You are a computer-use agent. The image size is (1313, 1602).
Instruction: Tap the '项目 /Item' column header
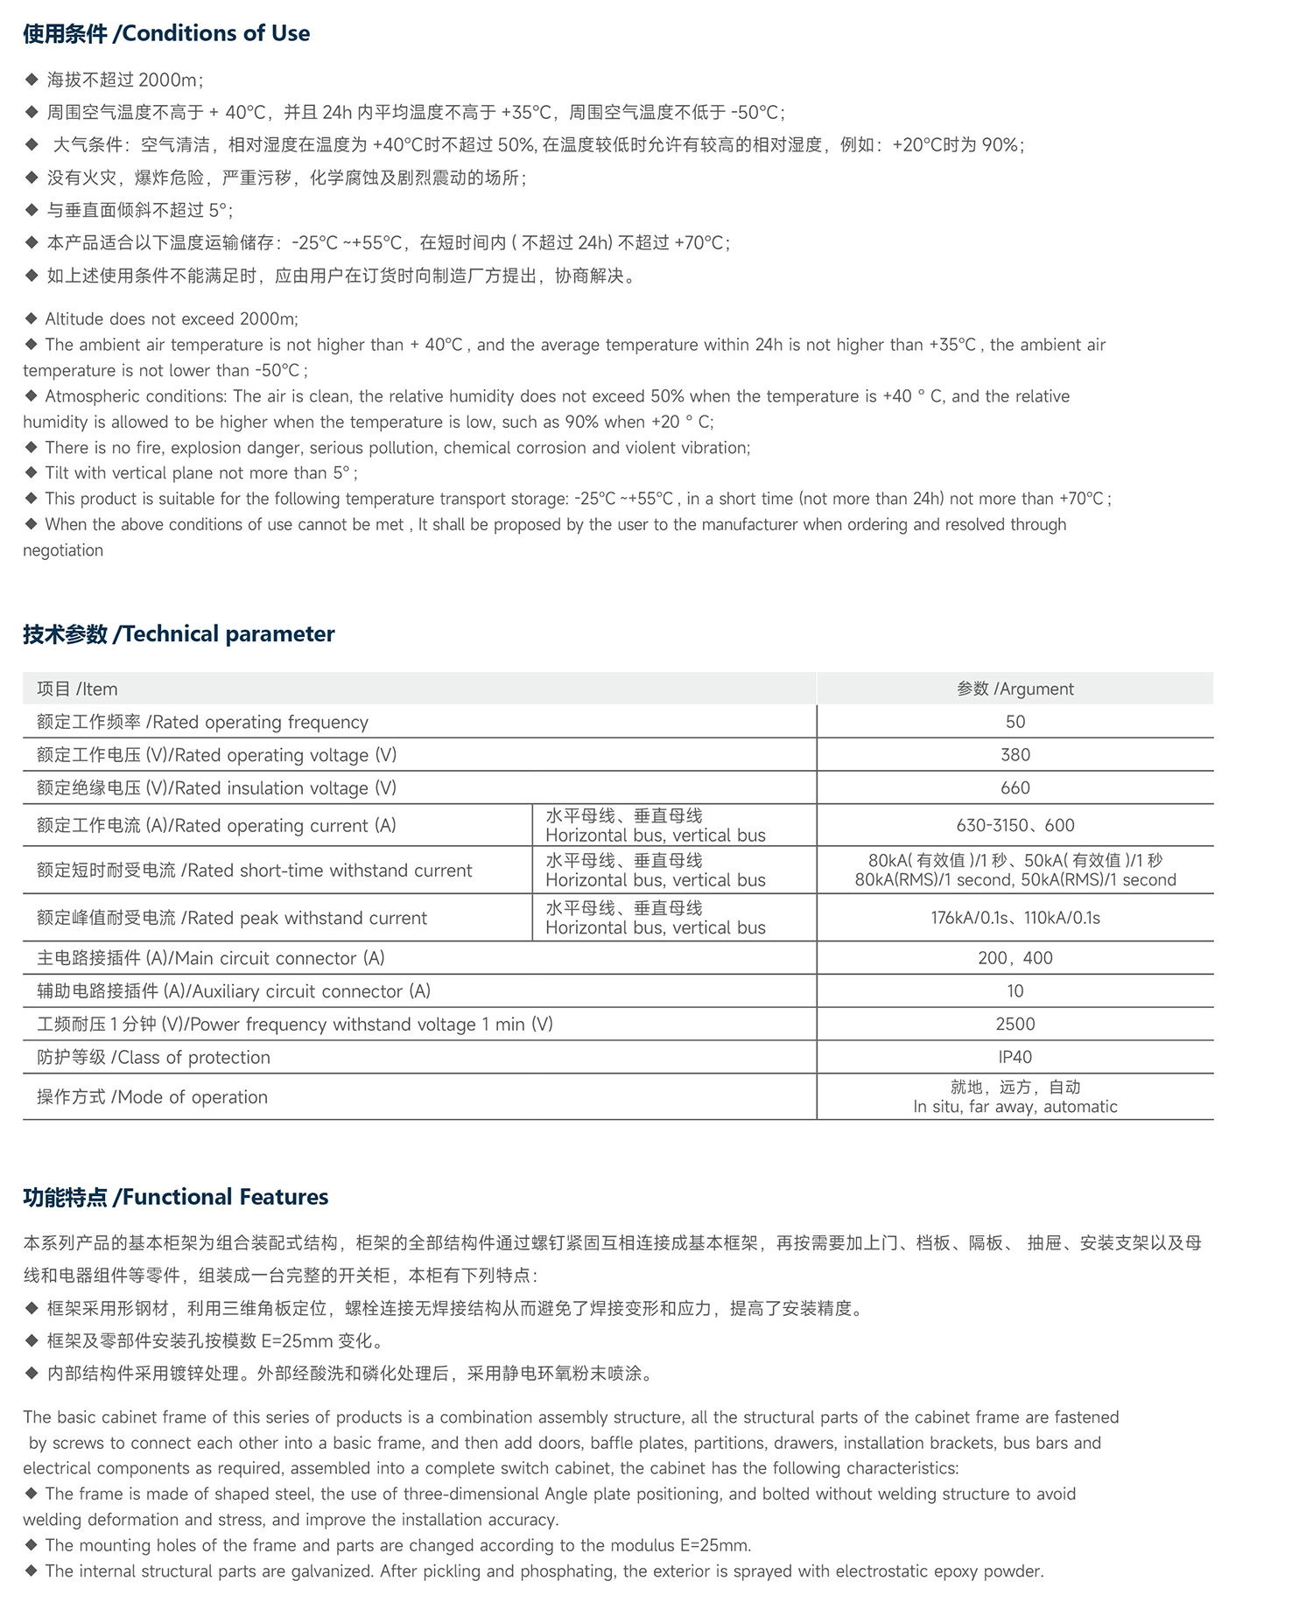[77, 689]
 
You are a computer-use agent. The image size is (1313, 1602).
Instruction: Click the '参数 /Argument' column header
[1015, 689]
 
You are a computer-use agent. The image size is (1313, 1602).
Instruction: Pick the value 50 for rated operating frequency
[1015, 722]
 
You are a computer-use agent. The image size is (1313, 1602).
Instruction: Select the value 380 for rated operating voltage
[1015, 755]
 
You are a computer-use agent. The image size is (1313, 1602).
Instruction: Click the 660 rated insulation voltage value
[1015, 788]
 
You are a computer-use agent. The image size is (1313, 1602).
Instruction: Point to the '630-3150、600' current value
[1015, 825]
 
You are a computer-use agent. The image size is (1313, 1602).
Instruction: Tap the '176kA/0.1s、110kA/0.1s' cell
[1015, 918]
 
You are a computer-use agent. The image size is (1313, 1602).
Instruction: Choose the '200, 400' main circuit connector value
[1015, 958]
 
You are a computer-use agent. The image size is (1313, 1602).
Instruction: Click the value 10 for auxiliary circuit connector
[1015, 991]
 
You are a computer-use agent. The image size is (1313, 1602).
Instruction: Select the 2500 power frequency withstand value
[1015, 1024]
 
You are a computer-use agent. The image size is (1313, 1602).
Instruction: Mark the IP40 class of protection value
[1015, 1057]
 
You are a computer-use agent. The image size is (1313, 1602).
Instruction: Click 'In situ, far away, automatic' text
[1015, 1107]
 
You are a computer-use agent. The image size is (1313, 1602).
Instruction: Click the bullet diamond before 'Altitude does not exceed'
[32, 318]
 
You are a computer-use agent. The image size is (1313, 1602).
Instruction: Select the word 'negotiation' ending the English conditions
[63, 550]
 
